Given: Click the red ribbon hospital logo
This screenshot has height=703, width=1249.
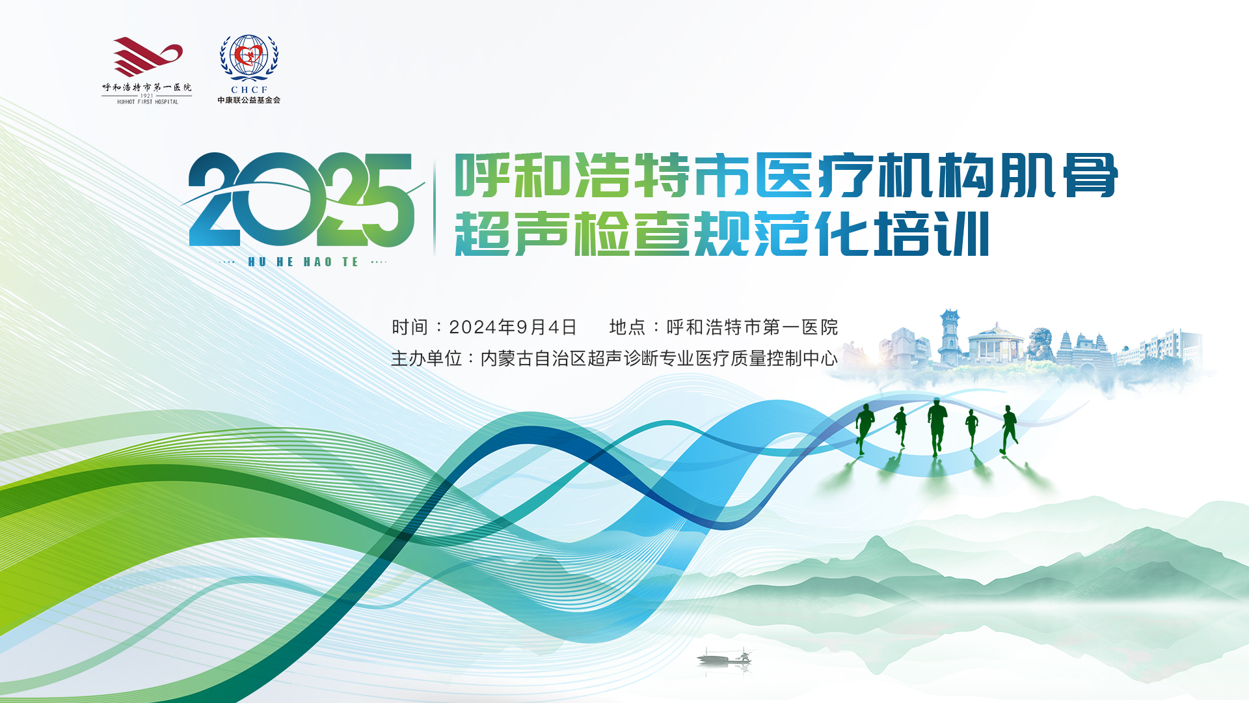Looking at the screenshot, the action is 148,57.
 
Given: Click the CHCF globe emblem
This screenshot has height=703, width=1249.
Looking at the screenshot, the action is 248,57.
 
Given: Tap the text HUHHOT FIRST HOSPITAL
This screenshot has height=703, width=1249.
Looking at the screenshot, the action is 148,102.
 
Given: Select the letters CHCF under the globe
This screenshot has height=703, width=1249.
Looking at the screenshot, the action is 249,90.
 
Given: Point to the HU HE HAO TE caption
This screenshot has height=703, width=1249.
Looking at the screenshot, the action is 303,262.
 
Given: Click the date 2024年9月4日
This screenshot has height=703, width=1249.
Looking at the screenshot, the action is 513,327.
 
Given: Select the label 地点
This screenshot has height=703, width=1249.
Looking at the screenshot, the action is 627,327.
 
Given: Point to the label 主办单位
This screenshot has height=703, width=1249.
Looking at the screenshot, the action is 426,358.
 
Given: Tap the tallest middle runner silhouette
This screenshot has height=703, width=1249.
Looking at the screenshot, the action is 937,427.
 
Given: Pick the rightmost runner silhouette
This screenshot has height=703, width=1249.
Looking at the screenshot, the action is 1009,430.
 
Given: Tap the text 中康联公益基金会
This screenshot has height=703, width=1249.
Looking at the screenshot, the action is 249,100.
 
